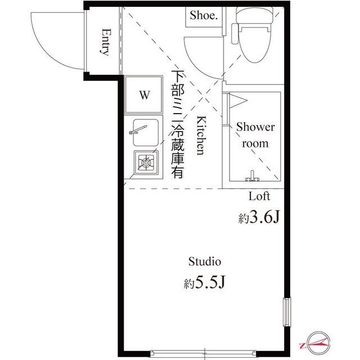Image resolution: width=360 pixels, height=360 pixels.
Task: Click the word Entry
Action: coord(105,42)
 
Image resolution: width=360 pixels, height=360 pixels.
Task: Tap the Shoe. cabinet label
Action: coord(202,16)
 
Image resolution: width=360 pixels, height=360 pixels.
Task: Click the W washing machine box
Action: coord(144,94)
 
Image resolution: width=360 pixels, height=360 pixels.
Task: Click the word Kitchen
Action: coord(200,136)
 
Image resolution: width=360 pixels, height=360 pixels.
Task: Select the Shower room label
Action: coord(255,135)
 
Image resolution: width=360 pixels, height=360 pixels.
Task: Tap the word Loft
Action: coord(259,196)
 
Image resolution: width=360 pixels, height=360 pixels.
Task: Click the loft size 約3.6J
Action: coord(258,218)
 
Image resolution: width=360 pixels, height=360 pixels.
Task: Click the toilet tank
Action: coord(253,16)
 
